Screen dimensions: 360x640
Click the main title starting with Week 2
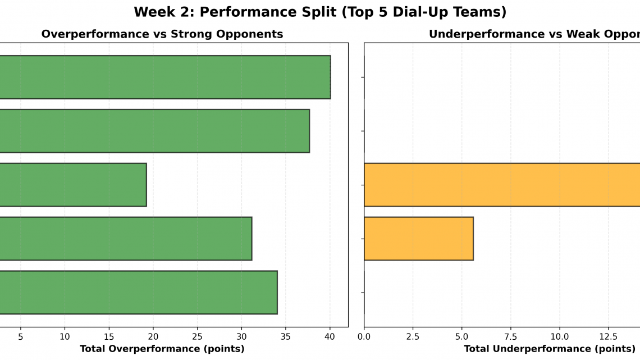point(320,12)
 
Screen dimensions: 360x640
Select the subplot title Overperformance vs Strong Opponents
point(162,34)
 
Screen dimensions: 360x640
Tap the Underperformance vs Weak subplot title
point(534,34)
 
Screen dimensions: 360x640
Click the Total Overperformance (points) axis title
point(162,349)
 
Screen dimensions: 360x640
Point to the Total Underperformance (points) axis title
point(541,349)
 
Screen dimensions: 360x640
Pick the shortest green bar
point(73,185)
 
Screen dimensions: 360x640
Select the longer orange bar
point(502,185)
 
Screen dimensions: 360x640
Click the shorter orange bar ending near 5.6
point(419,239)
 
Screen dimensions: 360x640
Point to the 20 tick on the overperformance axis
point(153,336)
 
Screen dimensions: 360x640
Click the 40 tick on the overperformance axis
point(330,336)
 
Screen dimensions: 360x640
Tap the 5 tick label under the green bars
point(21,336)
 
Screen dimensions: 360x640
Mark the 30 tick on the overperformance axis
point(241,336)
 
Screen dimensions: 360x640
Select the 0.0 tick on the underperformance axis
point(364,336)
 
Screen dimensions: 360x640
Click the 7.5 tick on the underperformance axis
point(510,336)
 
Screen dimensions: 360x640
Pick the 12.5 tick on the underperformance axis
point(608,336)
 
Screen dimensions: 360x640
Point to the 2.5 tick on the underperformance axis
point(413,336)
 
